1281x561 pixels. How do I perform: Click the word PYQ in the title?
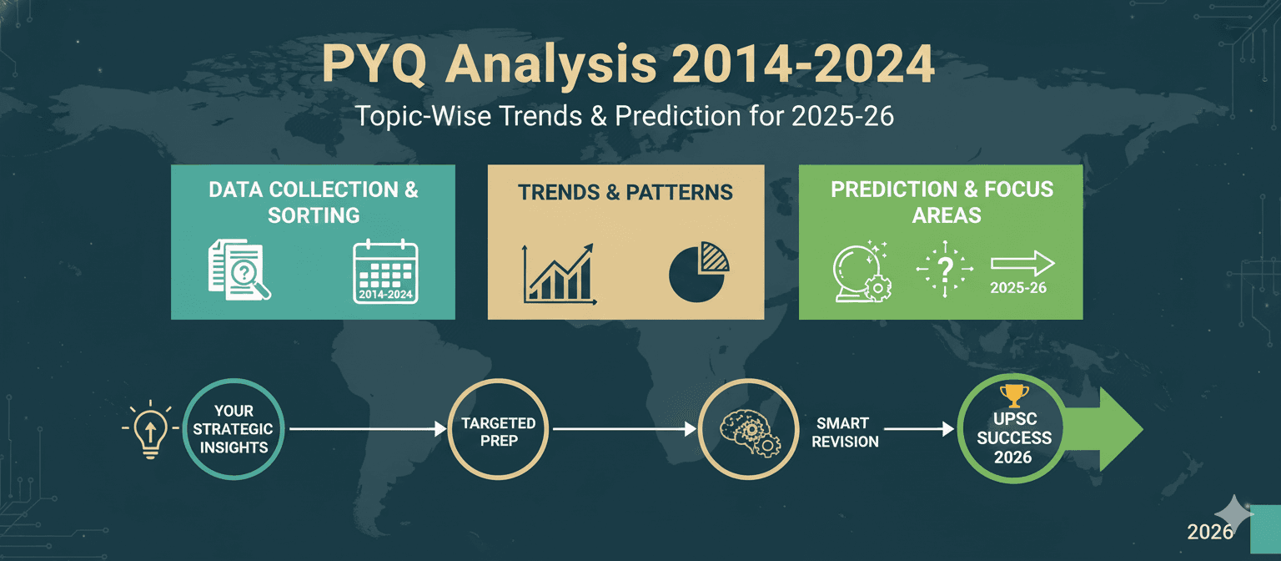click(374, 64)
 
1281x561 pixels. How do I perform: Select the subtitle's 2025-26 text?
click(842, 116)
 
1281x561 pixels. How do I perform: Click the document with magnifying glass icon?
click(239, 270)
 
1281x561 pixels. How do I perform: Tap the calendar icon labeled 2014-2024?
click(385, 271)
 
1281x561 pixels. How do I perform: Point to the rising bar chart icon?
click(560, 274)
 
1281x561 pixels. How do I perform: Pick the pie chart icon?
click(699, 272)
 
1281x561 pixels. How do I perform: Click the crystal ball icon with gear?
click(862, 270)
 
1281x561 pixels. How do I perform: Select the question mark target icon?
click(945, 269)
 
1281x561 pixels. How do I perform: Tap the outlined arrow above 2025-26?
click(1022, 263)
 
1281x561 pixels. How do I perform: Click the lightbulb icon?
click(150, 429)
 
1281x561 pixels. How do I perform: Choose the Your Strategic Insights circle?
click(234, 429)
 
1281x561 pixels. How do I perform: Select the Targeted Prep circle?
click(498, 429)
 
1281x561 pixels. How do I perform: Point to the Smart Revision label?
click(845, 432)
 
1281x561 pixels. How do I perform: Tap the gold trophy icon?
click(1014, 396)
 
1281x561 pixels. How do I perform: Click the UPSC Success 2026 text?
click(1014, 438)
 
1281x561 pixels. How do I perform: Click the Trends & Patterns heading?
click(625, 192)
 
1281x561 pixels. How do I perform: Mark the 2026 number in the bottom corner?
click(1210, 532)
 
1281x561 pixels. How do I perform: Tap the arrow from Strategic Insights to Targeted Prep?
click(368, 429)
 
